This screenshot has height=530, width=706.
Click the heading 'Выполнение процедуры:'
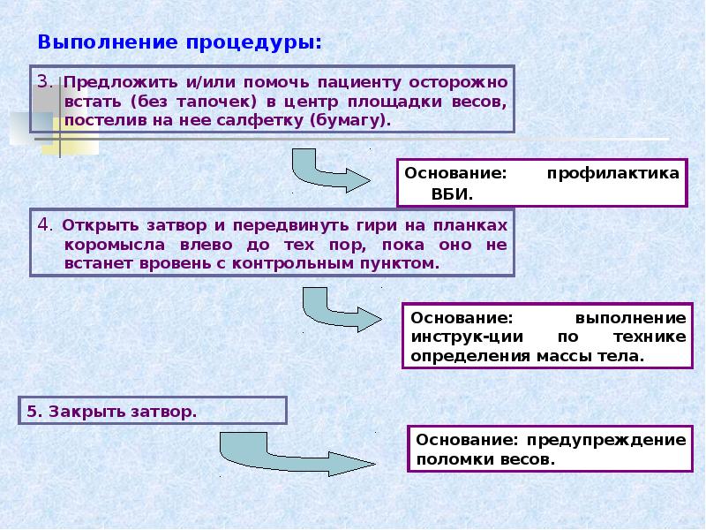coord(179,42)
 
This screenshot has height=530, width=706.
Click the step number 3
coord(44,81)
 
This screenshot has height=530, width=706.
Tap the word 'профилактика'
coord(613,173)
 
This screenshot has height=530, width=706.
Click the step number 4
coord(44,223)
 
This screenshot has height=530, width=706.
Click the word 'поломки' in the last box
coord(448,459)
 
